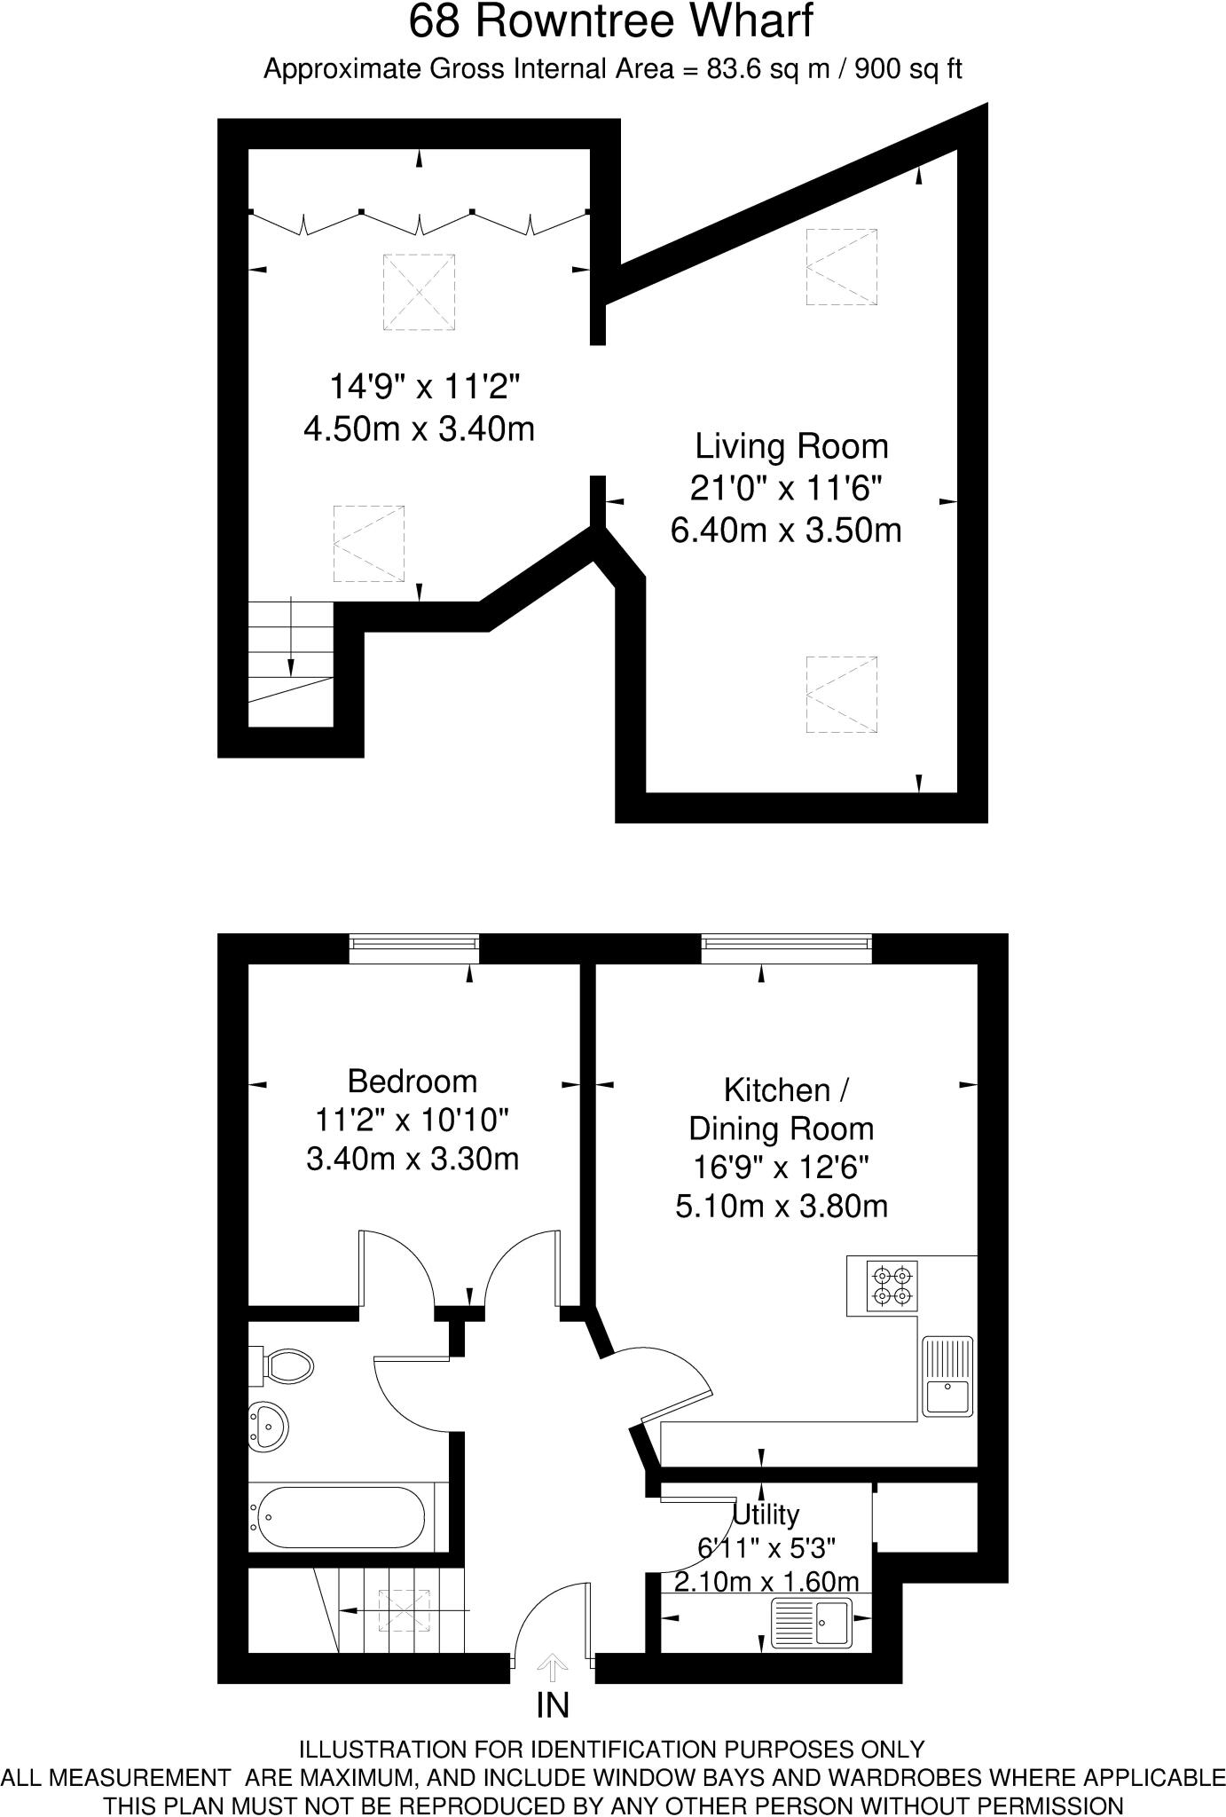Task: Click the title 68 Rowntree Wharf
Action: [610, 21]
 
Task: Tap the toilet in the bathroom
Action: [286, 1365]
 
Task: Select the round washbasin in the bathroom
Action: [267, 1426]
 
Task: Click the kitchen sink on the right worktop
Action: [947, 1375]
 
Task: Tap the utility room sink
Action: [812, 1623]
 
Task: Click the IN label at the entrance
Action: [553, 1705]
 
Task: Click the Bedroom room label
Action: [412, 1081]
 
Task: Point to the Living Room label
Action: [790, 446]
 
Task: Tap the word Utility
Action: [766, 1514]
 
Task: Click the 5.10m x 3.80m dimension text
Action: [782, 1206]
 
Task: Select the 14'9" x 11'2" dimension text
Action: [424, 387]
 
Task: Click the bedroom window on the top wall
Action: [414, 948]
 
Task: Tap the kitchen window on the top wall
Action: [786, 948]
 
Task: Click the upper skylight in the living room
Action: [841, 267]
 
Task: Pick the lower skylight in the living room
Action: [841, 695]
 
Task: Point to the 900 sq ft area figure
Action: [908, 69]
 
